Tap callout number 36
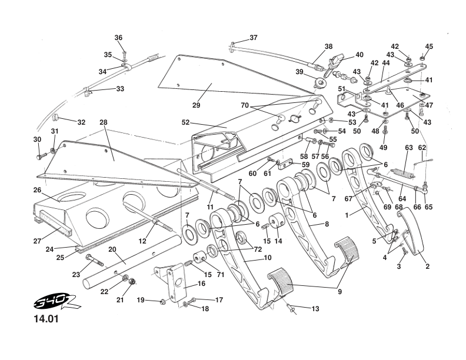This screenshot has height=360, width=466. (x=118, y=38)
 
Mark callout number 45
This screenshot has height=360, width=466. (x=429, y=46)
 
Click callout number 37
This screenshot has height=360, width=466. (x=253, y=38)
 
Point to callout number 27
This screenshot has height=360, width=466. (x=37, y=241)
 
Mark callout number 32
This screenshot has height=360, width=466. (x=81, y=122)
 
